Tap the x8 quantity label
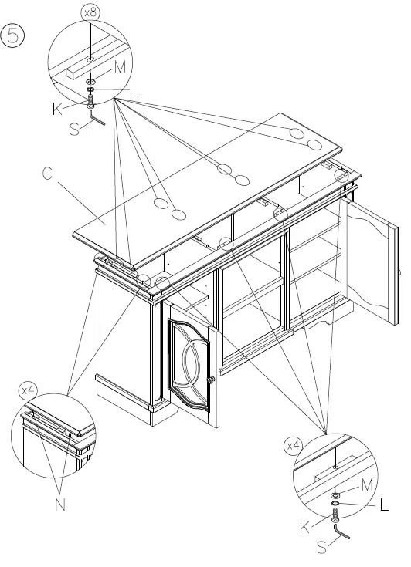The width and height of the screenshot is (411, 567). click(x=90, y=13)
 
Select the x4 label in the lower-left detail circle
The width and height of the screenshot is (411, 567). click(x=28, y=390)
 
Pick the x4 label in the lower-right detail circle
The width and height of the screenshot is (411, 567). click(x=294, y=445)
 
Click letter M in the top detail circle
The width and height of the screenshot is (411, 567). click(x=120, y=68)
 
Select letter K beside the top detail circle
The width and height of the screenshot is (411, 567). click(x=58, y=110)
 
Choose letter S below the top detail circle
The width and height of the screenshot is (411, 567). click(x=74, y=130)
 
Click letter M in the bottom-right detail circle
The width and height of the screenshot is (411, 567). click(x=367, y=485)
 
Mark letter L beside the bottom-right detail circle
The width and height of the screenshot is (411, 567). click(x=384, y=505)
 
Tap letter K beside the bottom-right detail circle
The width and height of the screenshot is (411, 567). click(x=304, y=528)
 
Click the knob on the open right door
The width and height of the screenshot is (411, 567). click(x=400, y=272)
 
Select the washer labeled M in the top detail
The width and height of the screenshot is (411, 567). click(x=91, y=81)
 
